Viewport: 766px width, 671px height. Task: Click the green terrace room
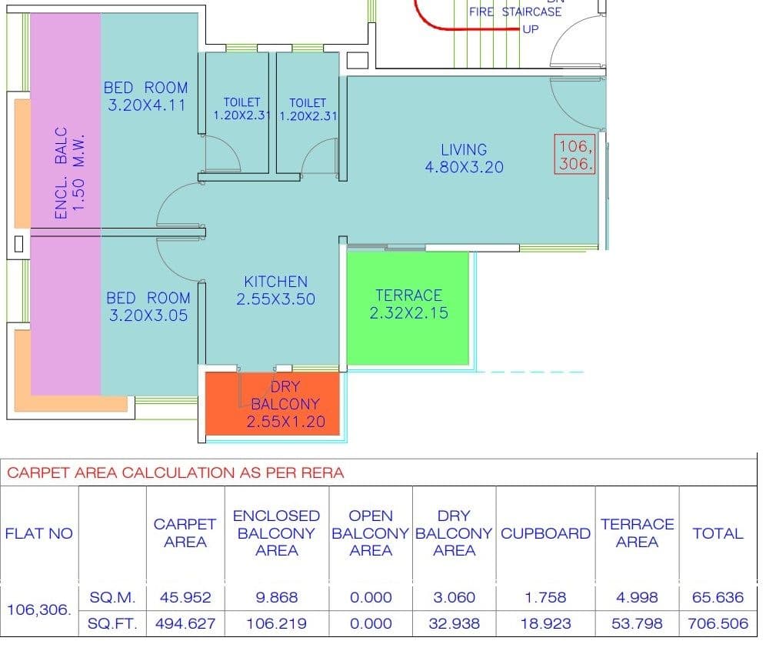pos(408,308)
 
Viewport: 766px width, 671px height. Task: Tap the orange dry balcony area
pos(272,403)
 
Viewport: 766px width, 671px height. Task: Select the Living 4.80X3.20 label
pos(464,159)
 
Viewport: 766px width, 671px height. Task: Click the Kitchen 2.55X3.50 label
pos(276,290)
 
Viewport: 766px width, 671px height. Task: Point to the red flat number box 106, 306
pos(575,154)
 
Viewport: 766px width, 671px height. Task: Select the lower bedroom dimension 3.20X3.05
pos(148,315)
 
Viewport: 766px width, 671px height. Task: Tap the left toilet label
pos(241,108)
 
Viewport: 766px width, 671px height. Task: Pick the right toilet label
pos(308,109)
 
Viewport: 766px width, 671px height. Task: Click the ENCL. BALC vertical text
pos(61,173)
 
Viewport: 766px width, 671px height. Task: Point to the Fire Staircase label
pos(515,12)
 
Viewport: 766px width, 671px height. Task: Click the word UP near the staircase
pos(531,29)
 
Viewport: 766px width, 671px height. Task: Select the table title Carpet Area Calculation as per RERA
pos(175,472)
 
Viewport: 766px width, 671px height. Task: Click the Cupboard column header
pos(546,533)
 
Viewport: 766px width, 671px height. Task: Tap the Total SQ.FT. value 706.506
pos(718,623)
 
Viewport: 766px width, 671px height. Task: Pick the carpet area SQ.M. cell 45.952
pos(185,597)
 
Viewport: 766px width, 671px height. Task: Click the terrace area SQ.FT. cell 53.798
pos(637,623)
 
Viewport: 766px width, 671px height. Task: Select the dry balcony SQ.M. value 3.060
pos(454,597)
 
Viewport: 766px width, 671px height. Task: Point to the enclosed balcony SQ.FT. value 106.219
pos(277,623)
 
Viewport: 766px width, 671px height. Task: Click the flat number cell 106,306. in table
pos(39,610)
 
